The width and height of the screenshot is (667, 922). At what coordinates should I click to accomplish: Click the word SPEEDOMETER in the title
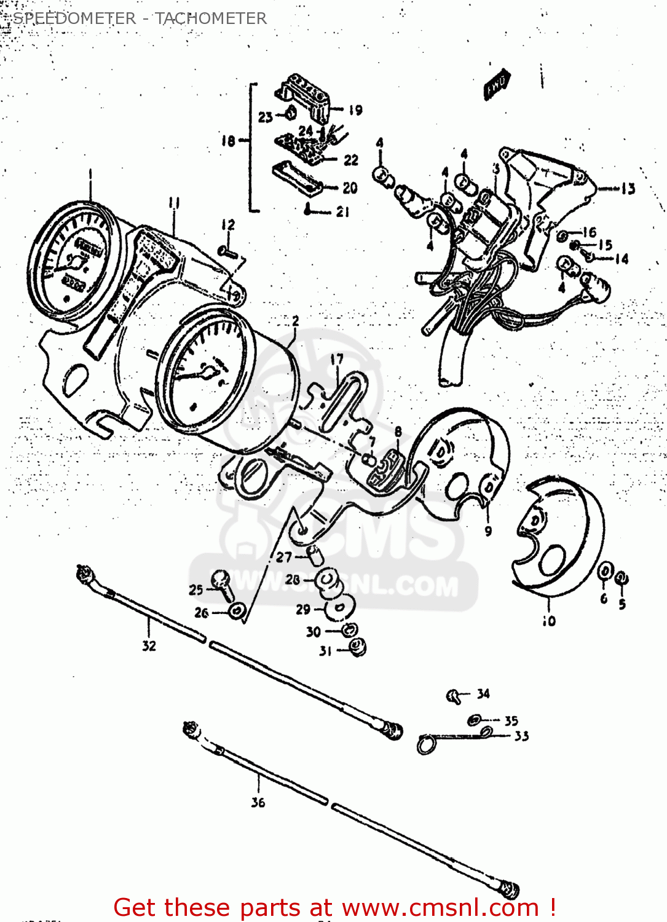click(74, 18)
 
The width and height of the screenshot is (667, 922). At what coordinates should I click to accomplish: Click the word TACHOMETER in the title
click(211, 18)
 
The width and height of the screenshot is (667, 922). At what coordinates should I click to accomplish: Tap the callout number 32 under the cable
click(149, 645)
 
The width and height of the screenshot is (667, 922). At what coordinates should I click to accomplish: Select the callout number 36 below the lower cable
click(258, 802)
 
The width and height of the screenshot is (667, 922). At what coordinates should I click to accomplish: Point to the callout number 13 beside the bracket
click(628, 189)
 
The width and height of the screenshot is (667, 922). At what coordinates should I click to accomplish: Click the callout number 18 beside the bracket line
click(228, 141)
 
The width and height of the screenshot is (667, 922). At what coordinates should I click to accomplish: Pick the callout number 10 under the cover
click(549, 621)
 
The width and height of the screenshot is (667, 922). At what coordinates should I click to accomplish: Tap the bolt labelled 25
click(221, 583)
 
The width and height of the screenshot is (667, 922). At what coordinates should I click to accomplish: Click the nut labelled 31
click(357, 647)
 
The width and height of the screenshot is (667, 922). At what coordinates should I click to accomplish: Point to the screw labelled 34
click(454, 696)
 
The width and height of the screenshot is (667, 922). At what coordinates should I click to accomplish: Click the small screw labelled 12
click(227, 251)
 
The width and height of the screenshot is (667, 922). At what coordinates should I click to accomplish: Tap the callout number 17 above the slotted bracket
click(337, 359)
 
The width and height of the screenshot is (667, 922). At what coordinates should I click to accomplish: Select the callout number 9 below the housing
click(488, 531)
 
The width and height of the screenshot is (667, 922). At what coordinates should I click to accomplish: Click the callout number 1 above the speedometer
click(90, 174)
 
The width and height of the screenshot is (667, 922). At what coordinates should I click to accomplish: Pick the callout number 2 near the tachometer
click(296, 321)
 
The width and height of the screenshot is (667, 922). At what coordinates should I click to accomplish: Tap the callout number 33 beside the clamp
click(521, 736)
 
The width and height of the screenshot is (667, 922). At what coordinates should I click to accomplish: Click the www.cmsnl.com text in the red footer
click(440, 907)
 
